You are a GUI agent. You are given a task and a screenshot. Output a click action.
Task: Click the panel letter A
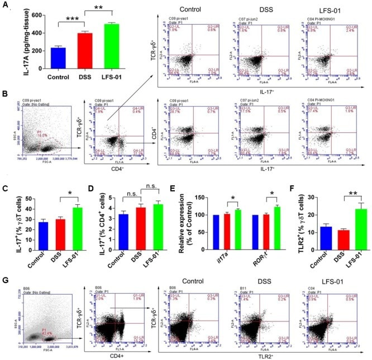[5, 7]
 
